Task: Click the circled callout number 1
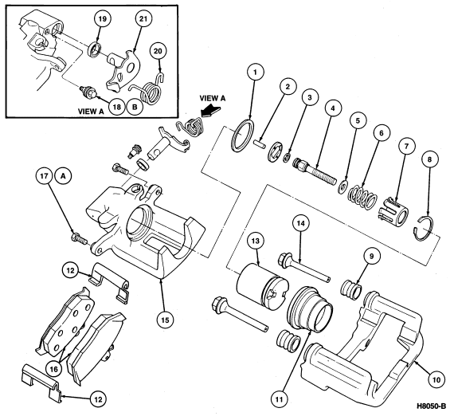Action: [x=255, y=73]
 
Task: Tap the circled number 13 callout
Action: [x=256, y=241]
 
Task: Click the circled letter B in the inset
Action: [x=135, y=107]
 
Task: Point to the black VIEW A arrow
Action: [x=211, y=112]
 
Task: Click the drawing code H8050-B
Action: [x=432, y=406]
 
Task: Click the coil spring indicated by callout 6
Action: [x=362, y=198]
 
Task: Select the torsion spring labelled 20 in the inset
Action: [x=147, y=90]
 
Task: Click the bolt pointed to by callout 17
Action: [x=79, y=238]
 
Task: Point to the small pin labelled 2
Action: [x=260, y=143]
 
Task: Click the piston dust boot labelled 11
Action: [x=310, y=309]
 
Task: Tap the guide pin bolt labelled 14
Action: [x=304, y=266]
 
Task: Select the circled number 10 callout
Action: [x=437, y=379]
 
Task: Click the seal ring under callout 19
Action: [x=94, y=48]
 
